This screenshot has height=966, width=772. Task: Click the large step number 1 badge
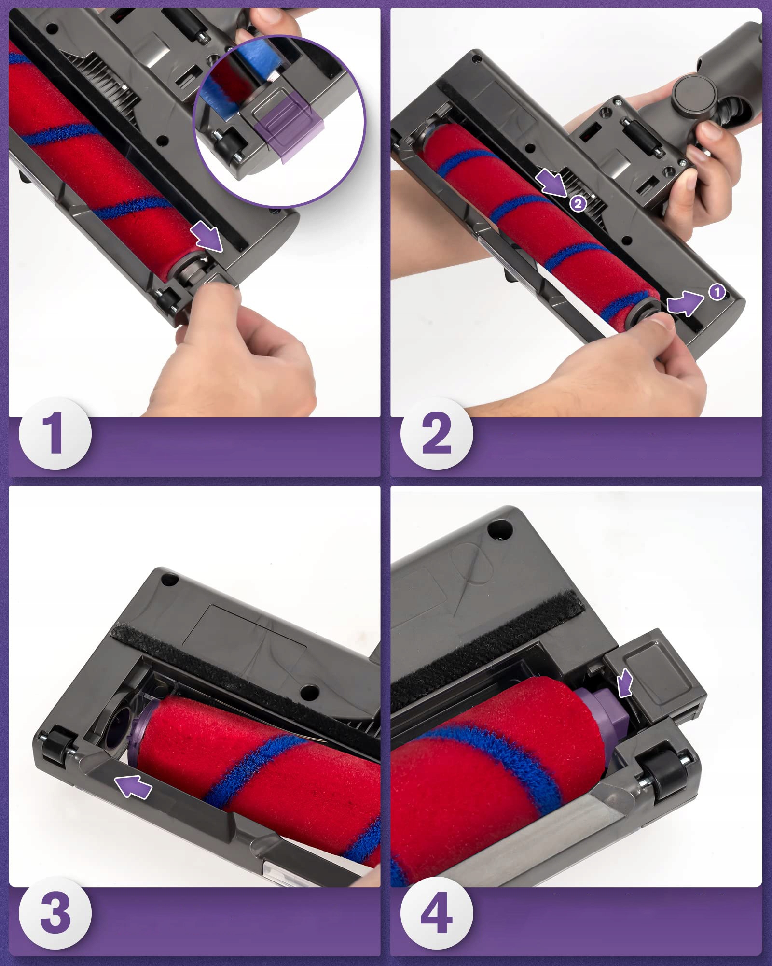(55, 433)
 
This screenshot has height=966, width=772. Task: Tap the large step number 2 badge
(437, 433)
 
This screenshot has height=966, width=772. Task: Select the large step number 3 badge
(55, 913)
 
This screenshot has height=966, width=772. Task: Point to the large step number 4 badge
(437, 913)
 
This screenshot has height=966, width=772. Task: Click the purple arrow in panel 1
(207, 237)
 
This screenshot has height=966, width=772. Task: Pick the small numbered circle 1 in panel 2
(717, 292)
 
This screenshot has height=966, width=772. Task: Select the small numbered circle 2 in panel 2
(578, 203)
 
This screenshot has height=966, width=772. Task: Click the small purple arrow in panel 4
(625, 682)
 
